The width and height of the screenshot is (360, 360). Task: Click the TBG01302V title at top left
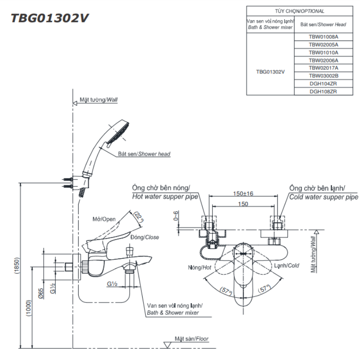(50, 18)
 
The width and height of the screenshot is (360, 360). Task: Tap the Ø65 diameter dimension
(40, 294)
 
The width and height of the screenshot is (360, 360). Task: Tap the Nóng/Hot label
(200, 267)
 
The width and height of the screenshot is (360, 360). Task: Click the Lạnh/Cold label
(287, 265)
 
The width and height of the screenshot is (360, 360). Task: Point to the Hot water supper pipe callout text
(165, 197)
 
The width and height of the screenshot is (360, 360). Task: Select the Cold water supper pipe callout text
(324, 197)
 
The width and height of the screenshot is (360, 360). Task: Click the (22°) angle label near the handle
(140, 218)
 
